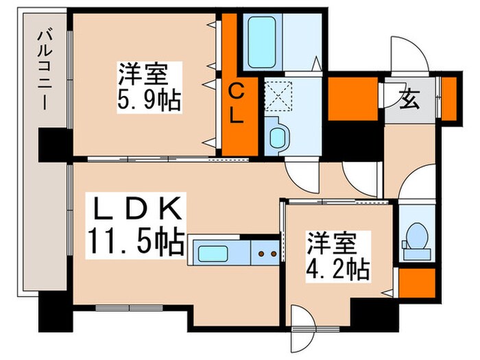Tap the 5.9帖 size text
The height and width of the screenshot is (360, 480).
pos(149,99)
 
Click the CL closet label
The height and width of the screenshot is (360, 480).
pos(235,103)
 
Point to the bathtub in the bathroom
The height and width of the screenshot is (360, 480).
pos(261,43)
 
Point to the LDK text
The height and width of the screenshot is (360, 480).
pos(136,208)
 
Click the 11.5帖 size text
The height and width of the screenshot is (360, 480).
pos(136,240)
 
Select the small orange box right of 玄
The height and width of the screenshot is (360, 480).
pos(448,96)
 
